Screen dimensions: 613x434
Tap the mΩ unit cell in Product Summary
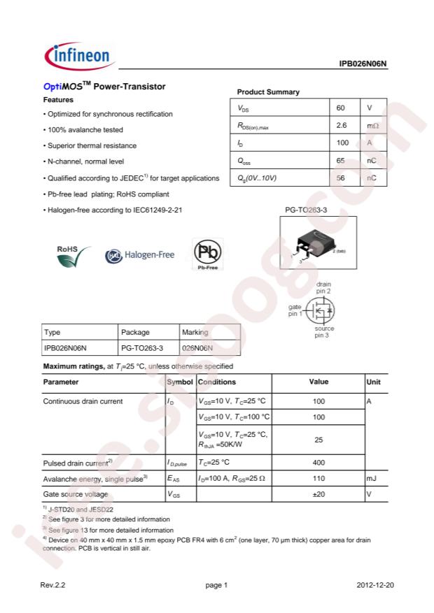[372, 126]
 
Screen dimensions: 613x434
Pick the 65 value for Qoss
[341, 161]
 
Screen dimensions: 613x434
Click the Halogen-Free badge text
[148, 255]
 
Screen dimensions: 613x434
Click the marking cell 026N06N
[197, 347]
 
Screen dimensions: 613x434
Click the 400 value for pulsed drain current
[318, 462]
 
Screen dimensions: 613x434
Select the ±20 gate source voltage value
[318, 494]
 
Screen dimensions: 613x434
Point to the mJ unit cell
[372, 478]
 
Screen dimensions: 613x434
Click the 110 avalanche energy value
[318, 478]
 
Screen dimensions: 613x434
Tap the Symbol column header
[180, 382]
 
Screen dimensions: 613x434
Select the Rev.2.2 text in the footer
[54, 584]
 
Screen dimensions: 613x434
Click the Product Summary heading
[268, 92]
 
